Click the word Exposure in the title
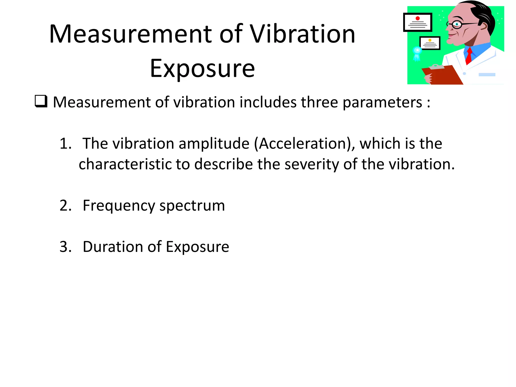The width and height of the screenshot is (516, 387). tap(202, 68)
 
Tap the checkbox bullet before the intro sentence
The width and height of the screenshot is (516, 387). tap(41, 101)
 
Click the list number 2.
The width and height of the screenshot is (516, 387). tap(65, 205)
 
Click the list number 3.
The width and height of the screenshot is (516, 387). tap(65, 246)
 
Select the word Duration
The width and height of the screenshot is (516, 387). tap(113, 246)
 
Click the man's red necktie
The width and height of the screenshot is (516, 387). tap(469, 56)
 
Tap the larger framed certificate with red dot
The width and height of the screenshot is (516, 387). tap(417, 22)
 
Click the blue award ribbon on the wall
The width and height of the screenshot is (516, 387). tap(417, 53)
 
